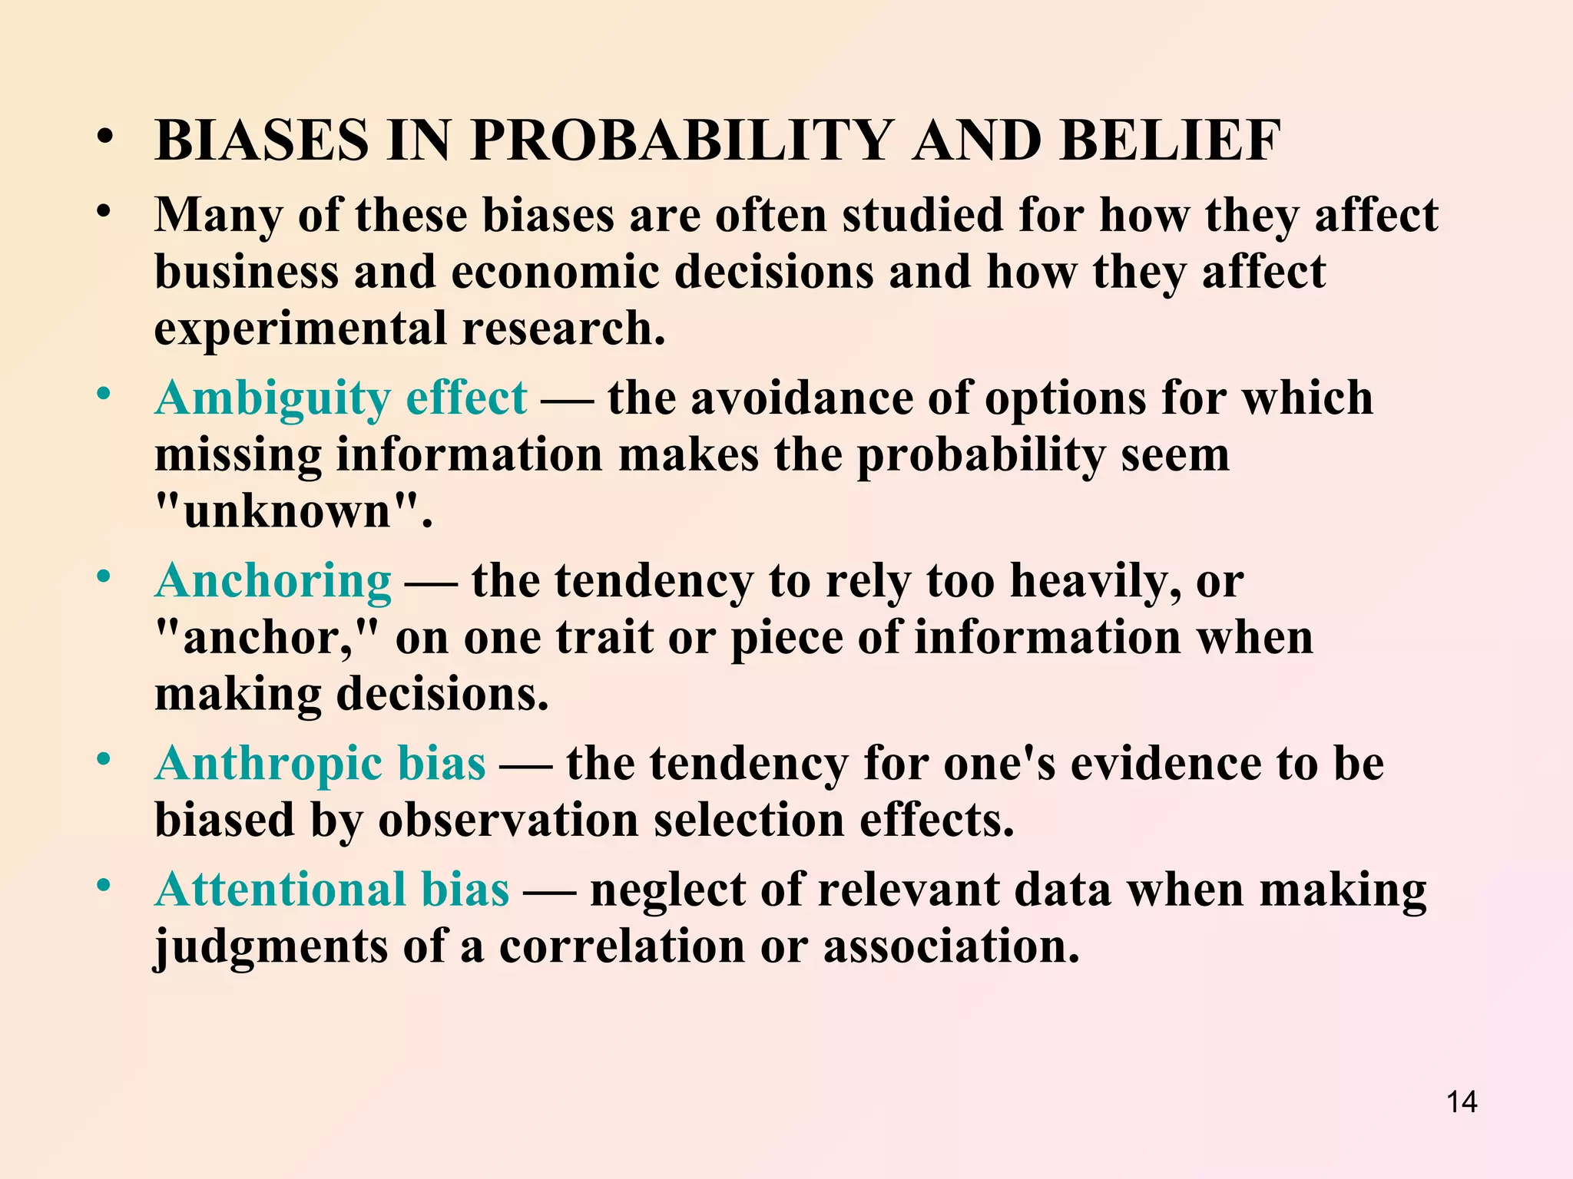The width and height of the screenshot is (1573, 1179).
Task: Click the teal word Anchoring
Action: tap(273, 581)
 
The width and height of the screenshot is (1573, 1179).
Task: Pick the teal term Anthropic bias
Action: tap(320, 764)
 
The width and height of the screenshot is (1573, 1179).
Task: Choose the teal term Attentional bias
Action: tap(332, 890)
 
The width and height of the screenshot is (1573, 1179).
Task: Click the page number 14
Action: tap(1462, 1102)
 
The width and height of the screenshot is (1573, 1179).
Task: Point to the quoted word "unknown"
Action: tap(287, 511)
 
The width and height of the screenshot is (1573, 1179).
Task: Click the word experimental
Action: tap(300, 329)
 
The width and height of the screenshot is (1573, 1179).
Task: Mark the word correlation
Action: tap(622, 946)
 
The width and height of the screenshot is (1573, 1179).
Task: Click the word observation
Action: tap(508, 821)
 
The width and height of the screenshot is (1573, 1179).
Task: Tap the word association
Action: tap(951, 946)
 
